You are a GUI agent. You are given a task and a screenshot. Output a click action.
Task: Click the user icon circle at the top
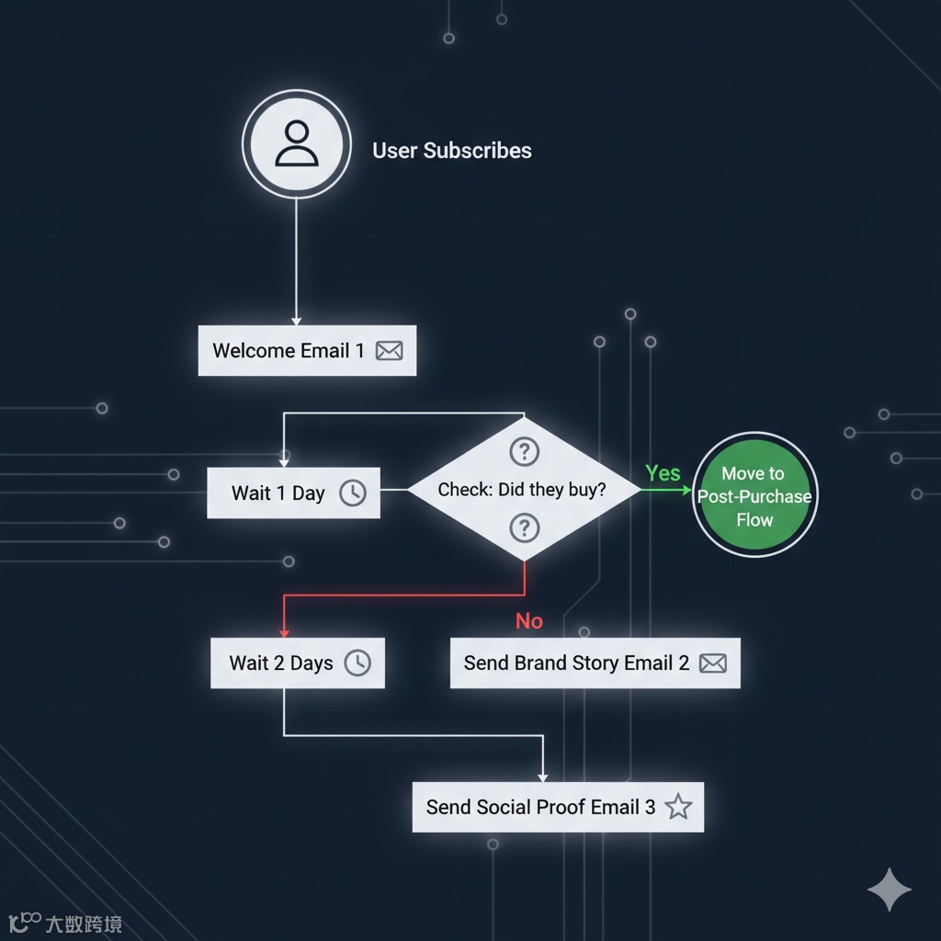(x=296, y=144)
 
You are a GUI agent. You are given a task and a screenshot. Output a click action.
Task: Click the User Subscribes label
(x=451, y=151)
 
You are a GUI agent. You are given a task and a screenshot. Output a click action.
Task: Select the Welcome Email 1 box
(x=307, y=350)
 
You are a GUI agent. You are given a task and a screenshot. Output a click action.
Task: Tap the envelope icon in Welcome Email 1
(x=389, y=350)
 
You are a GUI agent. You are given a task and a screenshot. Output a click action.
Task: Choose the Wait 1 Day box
(x=293, y=493)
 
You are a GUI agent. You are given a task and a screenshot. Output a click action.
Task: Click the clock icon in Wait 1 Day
(x=352, y=493)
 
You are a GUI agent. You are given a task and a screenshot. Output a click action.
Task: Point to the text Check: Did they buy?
(x=522, y=490)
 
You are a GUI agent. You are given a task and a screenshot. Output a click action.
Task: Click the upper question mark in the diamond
(x=524, y=451)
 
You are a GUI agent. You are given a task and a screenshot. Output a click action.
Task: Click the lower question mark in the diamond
(x=524, y=527)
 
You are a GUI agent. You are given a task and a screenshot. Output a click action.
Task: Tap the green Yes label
(x=663, y=473)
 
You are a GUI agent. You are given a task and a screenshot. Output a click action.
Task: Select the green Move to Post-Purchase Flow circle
(x=754, y=495)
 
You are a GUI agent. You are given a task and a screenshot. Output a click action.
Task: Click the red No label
(x=528, y=621)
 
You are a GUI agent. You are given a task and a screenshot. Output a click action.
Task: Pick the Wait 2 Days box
(x=297, y=663)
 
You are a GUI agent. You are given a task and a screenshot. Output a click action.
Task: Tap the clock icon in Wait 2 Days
(x=357, y=663)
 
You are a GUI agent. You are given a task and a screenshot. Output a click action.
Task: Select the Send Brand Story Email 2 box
(x=595, y=663)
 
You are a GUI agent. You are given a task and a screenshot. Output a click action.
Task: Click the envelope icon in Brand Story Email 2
(x=712, y=663)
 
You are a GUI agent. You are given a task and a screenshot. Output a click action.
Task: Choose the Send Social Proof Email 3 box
(x=557, y=807)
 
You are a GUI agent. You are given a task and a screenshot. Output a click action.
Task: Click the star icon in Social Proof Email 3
(x=678, y=807)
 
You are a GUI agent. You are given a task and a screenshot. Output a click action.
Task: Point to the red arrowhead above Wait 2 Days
(x=284, y=632)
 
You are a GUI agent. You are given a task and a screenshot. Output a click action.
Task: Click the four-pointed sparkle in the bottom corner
(x=890, y=889)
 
